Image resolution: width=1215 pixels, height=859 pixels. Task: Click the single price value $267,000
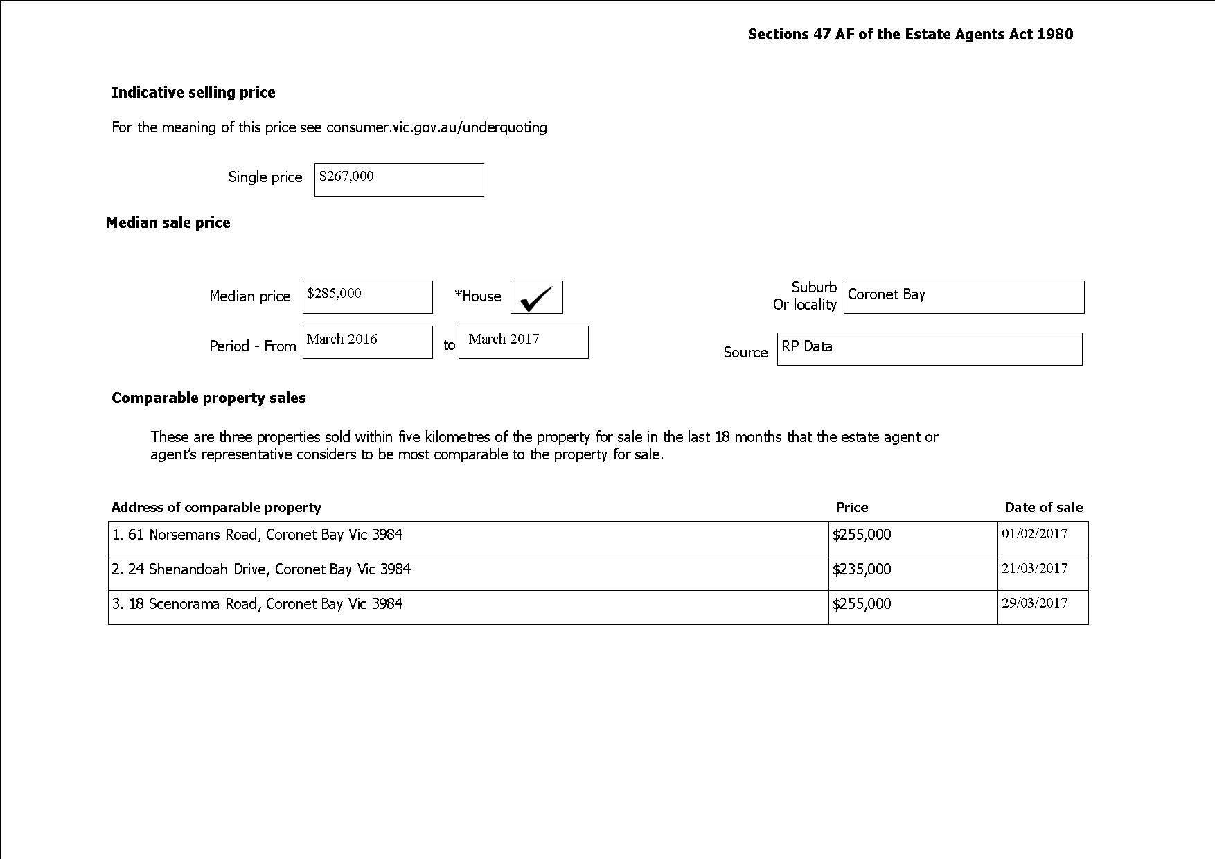(x=346, y=177)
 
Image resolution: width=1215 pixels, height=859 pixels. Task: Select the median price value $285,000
(x=334, y=294)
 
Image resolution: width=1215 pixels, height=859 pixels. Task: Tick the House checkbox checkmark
(x=536, y=297)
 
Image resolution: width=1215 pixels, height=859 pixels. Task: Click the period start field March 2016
(x=342, y=339)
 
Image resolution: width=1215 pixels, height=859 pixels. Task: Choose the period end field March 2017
(x=504, y=339)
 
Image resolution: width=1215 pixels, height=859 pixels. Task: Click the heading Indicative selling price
(x=193, y=93)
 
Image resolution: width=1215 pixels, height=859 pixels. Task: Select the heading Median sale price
(x=168, y=223)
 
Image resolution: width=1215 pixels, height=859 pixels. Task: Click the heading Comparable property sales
(x=209, y=398)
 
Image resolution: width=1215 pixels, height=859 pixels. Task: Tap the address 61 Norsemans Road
(x=257, y=535)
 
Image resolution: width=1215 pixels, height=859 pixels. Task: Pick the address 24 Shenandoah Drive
(x=261, y=569)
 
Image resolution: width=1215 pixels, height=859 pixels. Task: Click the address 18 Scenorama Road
(x=257, y=604)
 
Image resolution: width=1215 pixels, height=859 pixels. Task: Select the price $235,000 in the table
(x=862, y=569)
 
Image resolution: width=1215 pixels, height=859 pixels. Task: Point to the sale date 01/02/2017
(x=1034, y=534)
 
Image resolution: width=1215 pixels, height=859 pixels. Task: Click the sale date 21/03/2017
(x=1034, y=569)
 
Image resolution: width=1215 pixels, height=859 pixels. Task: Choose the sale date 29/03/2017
(x=1034, y=603)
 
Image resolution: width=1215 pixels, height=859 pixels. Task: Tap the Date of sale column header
(x=1043, y=508)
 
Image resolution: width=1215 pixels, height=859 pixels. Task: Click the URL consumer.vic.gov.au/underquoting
(x=436, y=127)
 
